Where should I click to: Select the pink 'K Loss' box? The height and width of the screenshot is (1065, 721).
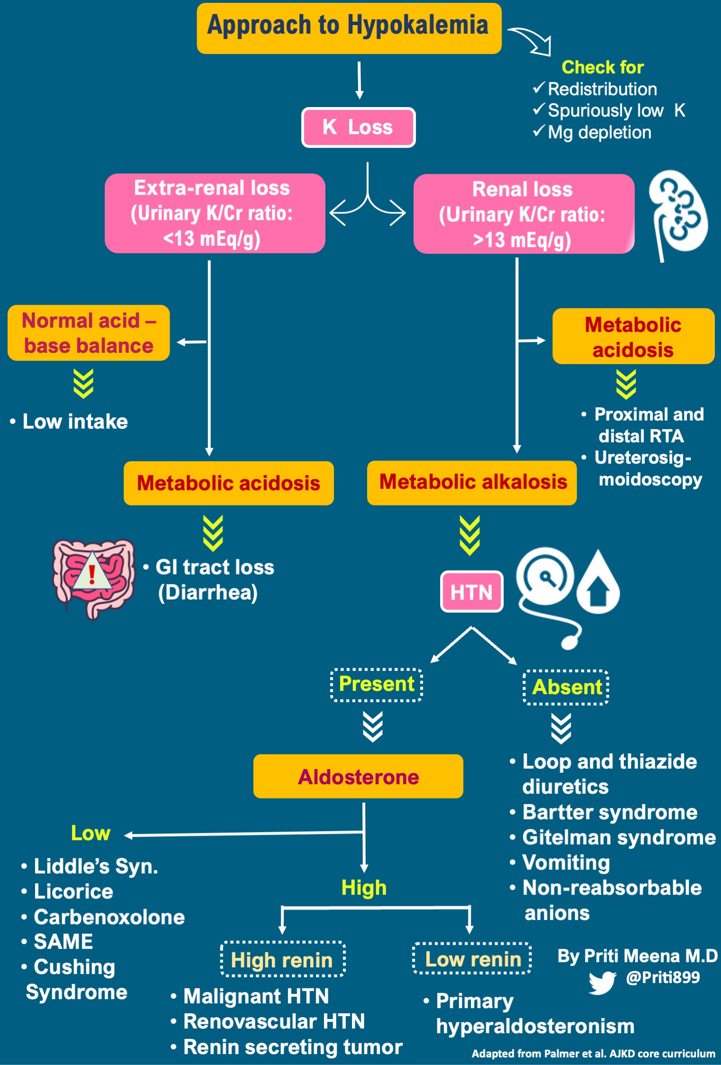(358, 127)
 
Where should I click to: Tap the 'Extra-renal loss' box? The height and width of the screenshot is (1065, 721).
(214, 213)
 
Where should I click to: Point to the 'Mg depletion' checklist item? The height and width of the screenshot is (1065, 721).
(599, 133)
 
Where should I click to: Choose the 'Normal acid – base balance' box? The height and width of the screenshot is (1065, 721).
(89, 333)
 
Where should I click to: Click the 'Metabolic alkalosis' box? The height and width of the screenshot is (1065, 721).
(472, 482)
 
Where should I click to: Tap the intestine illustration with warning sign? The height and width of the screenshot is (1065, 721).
(93, 578)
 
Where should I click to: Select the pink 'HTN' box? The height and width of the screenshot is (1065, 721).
(471, 591)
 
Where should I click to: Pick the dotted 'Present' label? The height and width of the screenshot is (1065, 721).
(376, 684)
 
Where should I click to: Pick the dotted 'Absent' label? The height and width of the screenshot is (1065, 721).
(566, 687)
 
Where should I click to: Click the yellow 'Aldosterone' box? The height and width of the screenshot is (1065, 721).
(358, 777)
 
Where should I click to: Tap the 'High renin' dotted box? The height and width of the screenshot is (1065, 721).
(282, 960)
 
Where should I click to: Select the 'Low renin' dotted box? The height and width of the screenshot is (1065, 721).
(472, 959)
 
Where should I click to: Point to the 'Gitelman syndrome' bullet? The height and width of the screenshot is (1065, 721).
(618, 837)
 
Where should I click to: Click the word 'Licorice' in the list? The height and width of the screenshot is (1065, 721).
(73, 892)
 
